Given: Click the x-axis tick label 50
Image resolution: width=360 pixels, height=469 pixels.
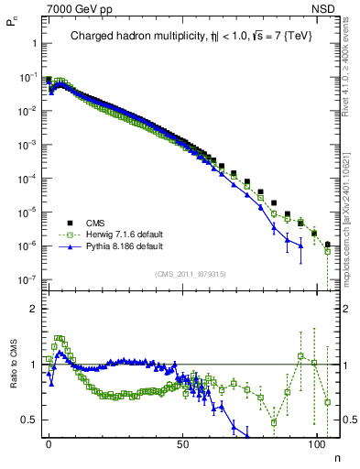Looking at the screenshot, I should point(183,442).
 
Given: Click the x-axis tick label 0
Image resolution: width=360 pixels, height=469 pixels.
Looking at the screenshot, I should point(49,442).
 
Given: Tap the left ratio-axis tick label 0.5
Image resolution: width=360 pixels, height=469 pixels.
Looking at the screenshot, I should point(28,420).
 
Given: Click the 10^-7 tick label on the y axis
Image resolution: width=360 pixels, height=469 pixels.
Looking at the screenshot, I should point(27,279).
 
